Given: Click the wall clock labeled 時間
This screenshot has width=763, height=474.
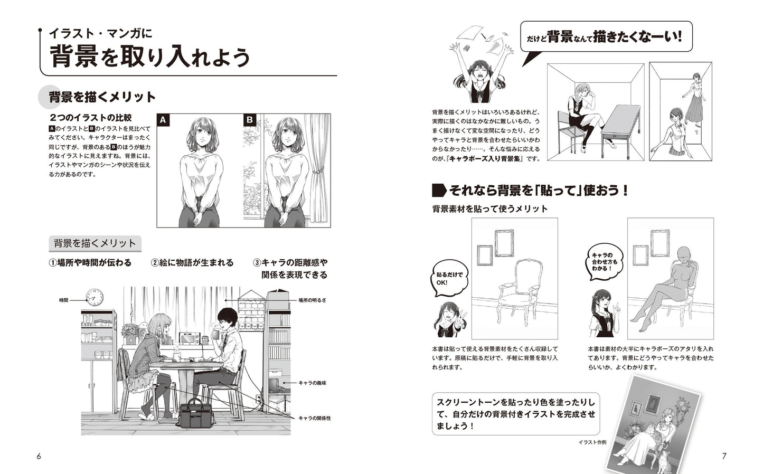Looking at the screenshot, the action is coord(95,297).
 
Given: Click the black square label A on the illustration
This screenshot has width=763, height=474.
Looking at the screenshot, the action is coord(163,120).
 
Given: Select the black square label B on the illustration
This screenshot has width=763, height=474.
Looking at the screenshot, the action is coord(250,120).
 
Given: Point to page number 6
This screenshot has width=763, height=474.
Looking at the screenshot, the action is coord(39,456).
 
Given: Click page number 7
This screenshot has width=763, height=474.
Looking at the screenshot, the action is coord(724,456).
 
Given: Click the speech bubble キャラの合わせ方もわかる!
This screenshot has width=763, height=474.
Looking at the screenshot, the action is coord(604,262).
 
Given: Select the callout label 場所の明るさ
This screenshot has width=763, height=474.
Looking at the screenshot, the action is coord(313,300).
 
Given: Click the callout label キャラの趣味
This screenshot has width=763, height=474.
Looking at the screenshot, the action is coord(313,383).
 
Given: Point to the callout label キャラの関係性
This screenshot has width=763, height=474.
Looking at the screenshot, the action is coord(315,419).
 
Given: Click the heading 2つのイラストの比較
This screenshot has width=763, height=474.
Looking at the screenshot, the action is coord(90,118).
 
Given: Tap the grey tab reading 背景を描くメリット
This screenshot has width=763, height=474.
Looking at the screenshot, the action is coord(95,243).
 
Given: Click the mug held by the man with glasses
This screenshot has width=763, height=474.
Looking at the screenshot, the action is coord(216,335).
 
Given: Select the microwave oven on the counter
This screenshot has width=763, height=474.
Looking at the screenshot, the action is coord(189,338).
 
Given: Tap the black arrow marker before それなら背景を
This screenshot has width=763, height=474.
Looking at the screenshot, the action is coord(439,191).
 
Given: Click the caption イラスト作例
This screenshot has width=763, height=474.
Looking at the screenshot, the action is coord(592,442).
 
